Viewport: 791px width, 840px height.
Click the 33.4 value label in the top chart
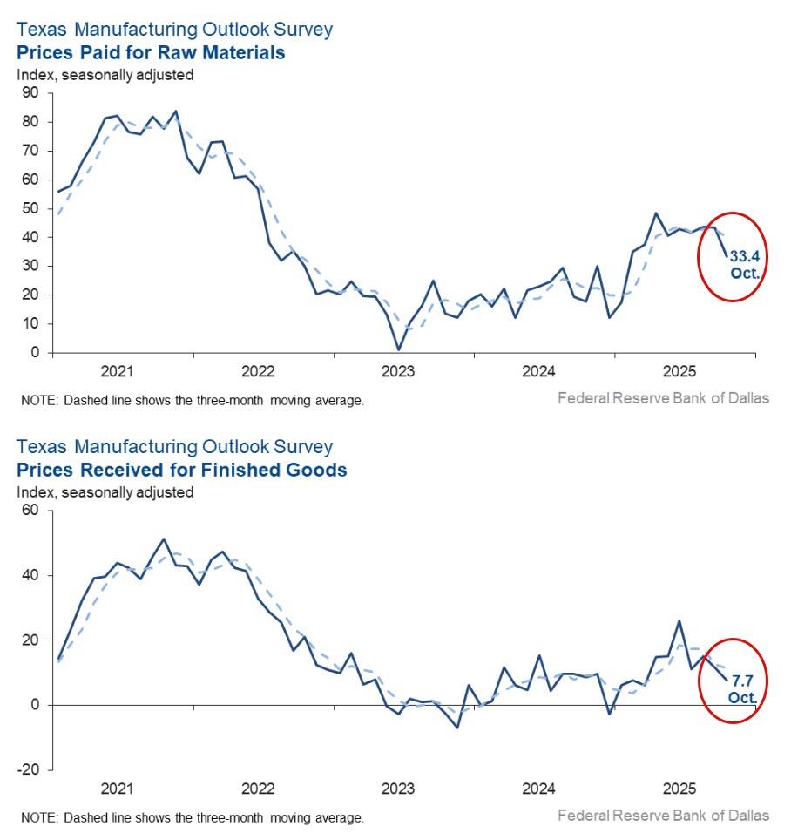click(745, 256)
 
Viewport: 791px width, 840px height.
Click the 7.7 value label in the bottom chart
click(742, 680)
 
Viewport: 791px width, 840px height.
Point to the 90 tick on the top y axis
click(30, 93)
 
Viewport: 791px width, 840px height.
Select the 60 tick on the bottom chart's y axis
click(30, 511)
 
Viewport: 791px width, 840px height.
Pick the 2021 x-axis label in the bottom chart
click(117, 789)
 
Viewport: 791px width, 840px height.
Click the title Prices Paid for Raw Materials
click(151, 53)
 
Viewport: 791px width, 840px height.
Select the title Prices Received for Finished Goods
click(182, 471)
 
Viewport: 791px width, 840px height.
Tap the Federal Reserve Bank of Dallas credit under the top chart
click(663, 398)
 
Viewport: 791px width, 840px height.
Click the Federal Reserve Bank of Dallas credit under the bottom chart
click(663, 816)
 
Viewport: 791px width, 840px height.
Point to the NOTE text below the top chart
click(192, 401)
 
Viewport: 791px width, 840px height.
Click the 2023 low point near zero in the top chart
click(398, 349)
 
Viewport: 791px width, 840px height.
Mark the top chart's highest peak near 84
click(176, 111)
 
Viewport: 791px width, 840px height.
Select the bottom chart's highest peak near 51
click(164, 539)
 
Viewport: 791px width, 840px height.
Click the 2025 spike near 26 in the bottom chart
click(679, 621)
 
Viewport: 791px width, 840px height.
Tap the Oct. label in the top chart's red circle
click(746, 273)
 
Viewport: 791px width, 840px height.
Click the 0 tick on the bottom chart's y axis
click(35, 705)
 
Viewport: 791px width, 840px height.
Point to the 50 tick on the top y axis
click(30, 208)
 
